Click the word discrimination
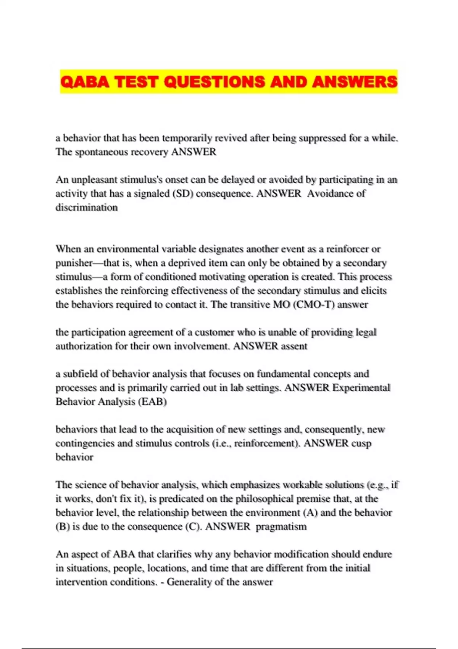(x=87, y=207)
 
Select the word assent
(x=294, y=346)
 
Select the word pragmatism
(x=281, y=527)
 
